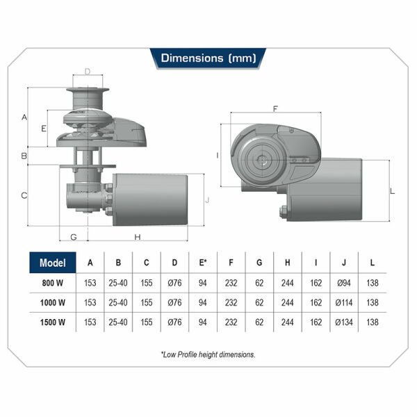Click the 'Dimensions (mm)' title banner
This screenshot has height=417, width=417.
tap(208, 58)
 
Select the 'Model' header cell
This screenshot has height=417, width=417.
tap(53, 263)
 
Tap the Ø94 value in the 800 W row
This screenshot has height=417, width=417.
tap(344, 283)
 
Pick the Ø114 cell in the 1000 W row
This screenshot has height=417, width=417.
tap(344, 302)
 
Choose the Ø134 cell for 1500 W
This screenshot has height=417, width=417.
tap(344, 322)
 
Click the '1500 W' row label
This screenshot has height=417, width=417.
tap(53, 322)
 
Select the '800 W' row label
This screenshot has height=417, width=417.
tap(53, 283)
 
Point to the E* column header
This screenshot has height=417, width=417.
tap(203, 263)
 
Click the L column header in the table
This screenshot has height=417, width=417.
tap(373, 263)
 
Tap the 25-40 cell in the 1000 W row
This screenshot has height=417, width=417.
tap(118, 302)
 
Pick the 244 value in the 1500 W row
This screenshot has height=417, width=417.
tap(288, 322)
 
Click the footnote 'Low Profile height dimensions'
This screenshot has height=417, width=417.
tap(208, 354)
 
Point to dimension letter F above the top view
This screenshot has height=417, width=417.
tap(275, 109)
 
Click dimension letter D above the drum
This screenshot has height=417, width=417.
tap(88, 72)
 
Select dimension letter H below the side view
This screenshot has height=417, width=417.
tap(138, 237)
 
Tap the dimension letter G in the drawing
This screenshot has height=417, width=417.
tap(74, 237)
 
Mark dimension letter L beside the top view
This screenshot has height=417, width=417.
tap(393, 191)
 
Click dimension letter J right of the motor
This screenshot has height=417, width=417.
tap(207, 200)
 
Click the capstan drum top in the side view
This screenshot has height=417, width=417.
tap(88, 90)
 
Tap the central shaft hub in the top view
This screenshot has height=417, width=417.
tap(262, 160)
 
